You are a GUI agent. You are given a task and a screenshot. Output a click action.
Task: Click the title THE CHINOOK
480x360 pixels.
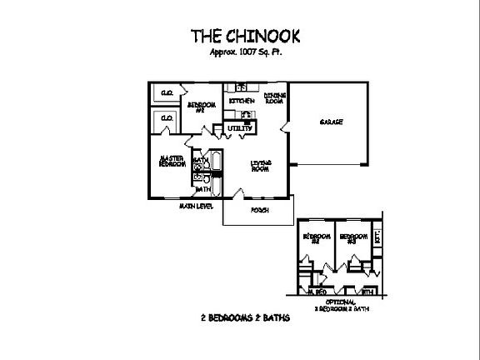(241, 36)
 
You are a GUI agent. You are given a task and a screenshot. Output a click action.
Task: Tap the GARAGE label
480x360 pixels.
(332, 122)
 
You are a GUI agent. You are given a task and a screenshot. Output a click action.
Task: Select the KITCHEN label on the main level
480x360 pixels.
(242, 101)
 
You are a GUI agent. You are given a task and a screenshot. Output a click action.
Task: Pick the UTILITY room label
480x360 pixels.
(241, 128)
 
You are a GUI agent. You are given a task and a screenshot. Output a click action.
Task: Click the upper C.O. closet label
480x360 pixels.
(167, 92)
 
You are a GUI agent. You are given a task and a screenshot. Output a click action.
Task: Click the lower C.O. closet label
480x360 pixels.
(167, 118)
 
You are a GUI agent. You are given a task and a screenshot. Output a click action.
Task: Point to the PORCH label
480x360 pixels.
(260, 210)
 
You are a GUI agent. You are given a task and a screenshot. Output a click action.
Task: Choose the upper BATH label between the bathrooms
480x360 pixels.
(200, 159)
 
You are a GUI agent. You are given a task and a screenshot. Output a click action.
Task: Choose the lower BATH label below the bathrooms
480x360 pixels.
(202, 189)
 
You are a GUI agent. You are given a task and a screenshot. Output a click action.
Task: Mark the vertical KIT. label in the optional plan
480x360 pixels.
(378, 237)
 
